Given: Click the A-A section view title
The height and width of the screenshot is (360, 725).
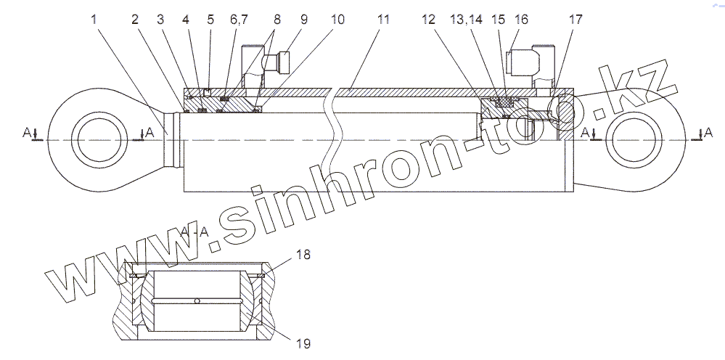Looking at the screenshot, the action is point(194,232).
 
